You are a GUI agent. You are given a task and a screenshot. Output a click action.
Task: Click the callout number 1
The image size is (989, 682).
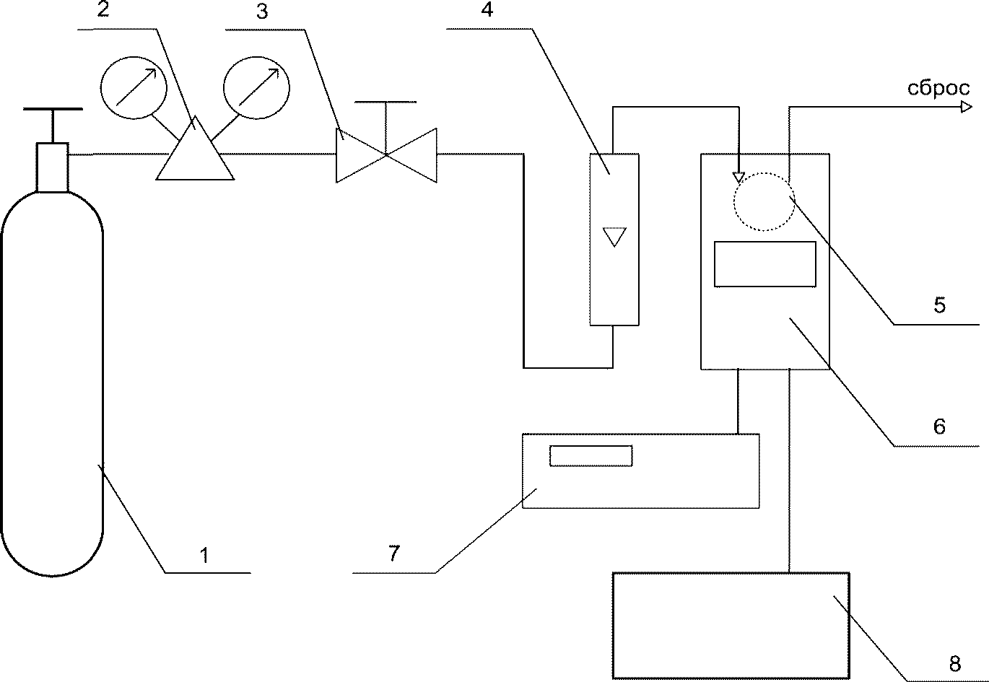tap(204, 555)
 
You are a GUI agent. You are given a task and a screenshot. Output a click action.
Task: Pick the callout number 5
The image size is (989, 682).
tap(938, 305)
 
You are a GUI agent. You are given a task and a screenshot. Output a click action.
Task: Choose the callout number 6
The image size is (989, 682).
tap(938, 427)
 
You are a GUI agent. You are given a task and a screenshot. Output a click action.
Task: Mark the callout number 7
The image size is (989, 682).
tap(393, 554)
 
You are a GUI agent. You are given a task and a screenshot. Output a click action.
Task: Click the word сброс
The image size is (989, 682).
tap(938, 89)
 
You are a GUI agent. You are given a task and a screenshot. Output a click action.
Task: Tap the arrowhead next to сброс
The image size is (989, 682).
tap(965, 108)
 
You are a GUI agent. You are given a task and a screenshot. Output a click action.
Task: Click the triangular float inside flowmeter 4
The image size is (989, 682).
tap(614, 236)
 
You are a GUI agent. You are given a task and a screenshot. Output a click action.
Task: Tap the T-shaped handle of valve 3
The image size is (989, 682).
tap(385, 103)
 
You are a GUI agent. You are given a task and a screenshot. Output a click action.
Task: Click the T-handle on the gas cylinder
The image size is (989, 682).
tap(52, 110)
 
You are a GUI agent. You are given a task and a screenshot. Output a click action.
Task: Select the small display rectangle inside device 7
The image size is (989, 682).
tap(591, 455)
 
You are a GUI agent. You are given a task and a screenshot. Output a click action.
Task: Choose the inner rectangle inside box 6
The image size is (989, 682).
tap(764, 264)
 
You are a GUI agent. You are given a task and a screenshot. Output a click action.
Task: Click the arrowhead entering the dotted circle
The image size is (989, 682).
tap(738, 176)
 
